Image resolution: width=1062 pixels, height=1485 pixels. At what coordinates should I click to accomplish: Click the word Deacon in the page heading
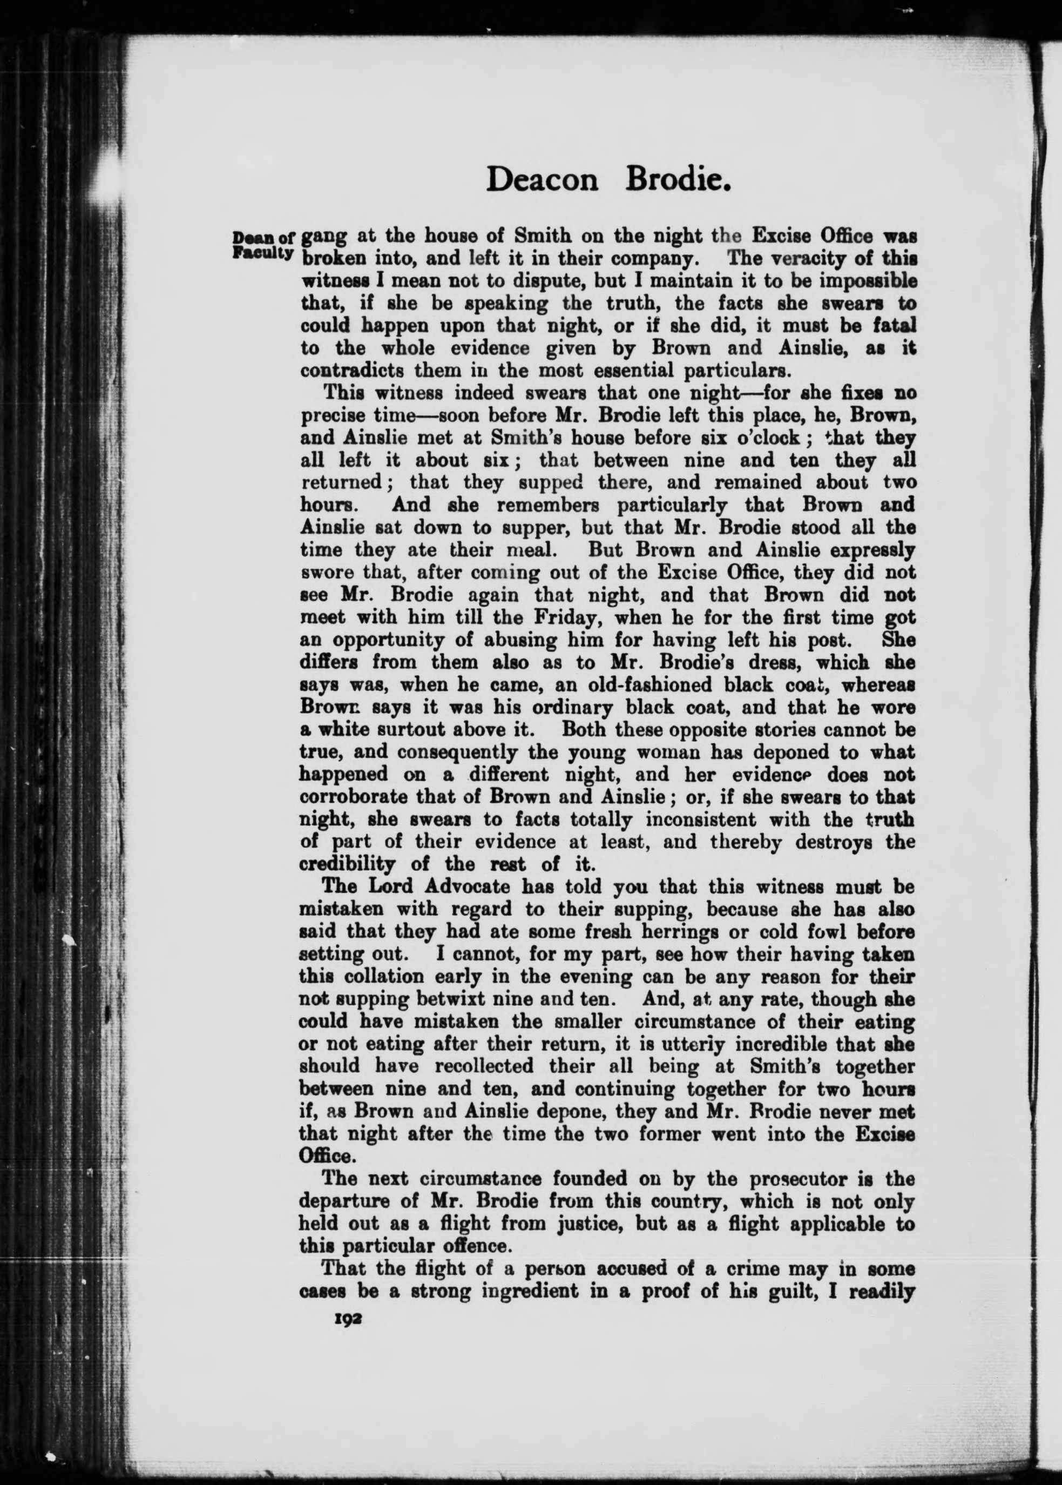tap(542, 179)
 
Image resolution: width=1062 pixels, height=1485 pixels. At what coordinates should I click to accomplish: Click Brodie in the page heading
tap(678, 179)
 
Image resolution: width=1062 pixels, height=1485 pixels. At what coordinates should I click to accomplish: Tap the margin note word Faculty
tap(261, 252)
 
